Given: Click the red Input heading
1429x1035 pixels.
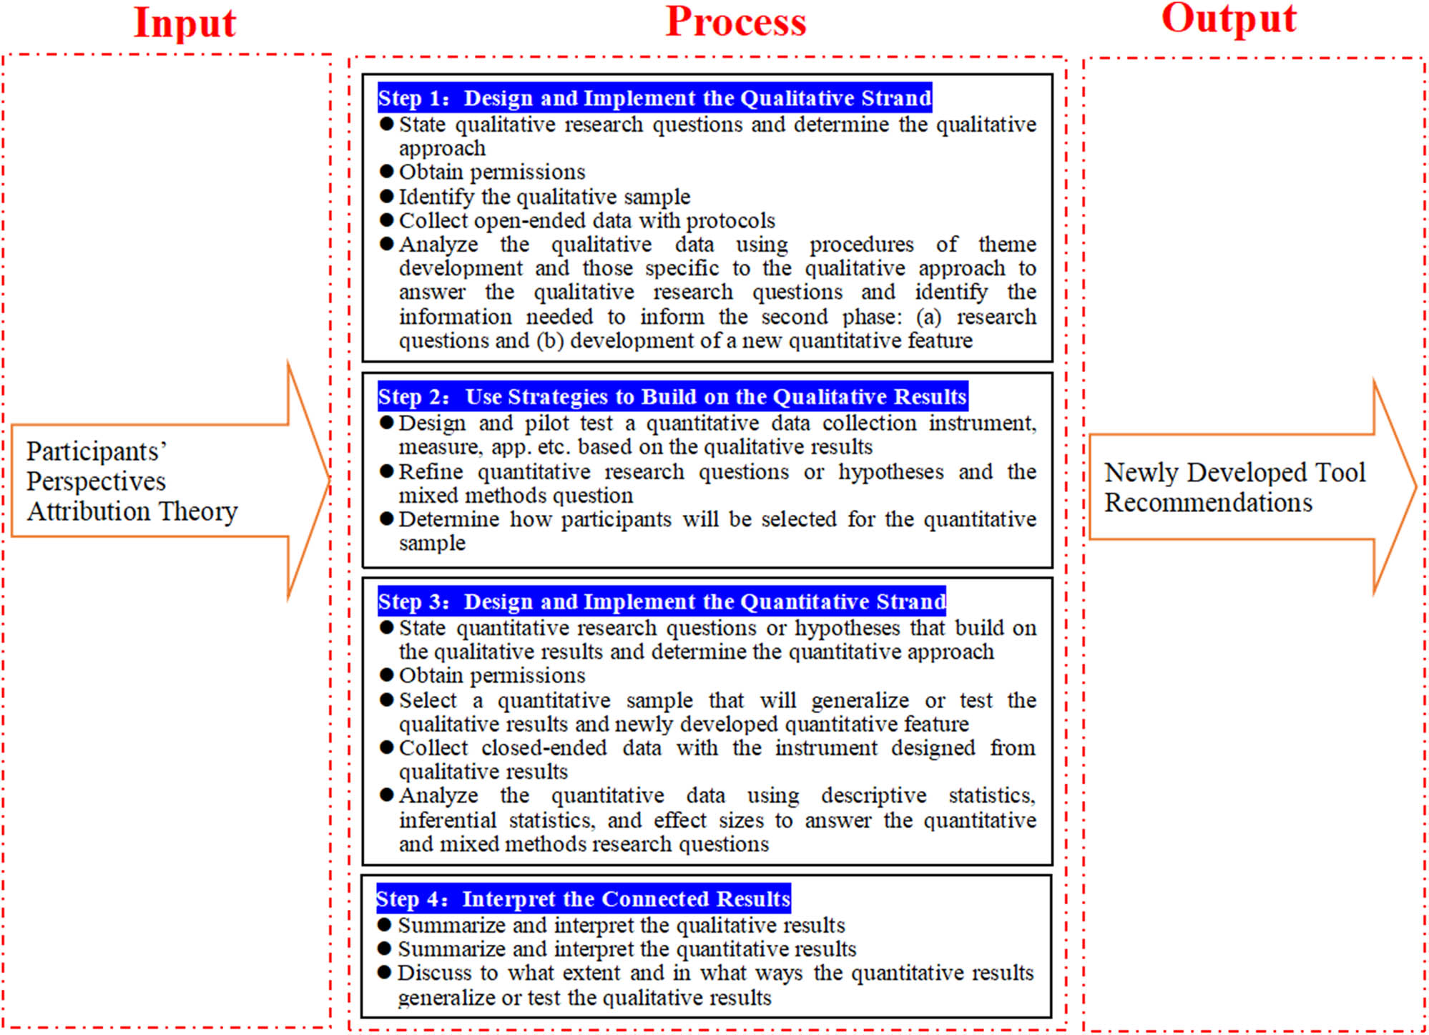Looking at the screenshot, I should click(x=185, y=23).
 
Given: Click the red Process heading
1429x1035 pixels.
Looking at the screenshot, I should click(x=735, y=21).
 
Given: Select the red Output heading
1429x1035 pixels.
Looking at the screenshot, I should click(x=1228, y=19).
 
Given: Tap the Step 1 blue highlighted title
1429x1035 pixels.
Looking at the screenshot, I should click(x=654, y=98).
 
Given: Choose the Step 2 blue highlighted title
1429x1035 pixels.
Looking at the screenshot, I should click(x=672, y=396).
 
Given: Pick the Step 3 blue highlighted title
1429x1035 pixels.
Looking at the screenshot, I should click(x=662, y=602).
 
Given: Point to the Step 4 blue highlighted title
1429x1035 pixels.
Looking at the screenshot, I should click(x=583, y=898).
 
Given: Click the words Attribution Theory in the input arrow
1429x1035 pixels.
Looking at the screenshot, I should click(x=132, y=511).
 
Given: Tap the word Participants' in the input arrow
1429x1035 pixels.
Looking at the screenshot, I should click(x=97, y=451).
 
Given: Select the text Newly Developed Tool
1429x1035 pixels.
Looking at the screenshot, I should click(x=1234, y=472).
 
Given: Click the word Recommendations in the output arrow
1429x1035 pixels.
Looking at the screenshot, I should click(x=1208, y=503).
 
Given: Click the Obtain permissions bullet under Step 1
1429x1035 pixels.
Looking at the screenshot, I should click(x=491, y=172).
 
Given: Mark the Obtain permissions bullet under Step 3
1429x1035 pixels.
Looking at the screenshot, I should click(x=491, y=675).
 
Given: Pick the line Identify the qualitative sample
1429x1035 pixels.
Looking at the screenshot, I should click(x=544, y=196).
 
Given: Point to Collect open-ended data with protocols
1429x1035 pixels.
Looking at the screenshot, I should click(x=586, y=220).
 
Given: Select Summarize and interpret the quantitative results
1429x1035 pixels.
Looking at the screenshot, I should click(x=627, y=949).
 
